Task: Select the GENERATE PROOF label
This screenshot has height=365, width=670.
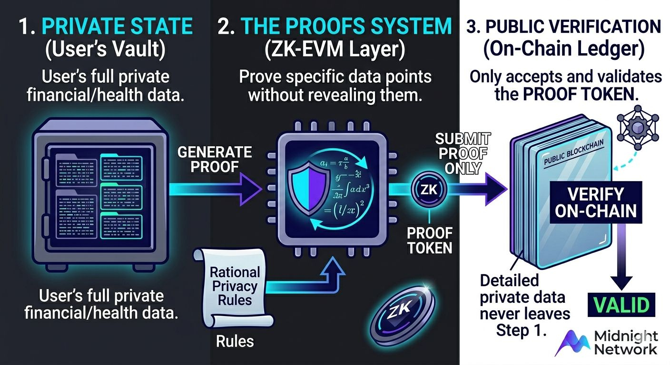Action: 215,160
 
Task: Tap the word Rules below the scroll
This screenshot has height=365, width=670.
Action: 235,340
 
